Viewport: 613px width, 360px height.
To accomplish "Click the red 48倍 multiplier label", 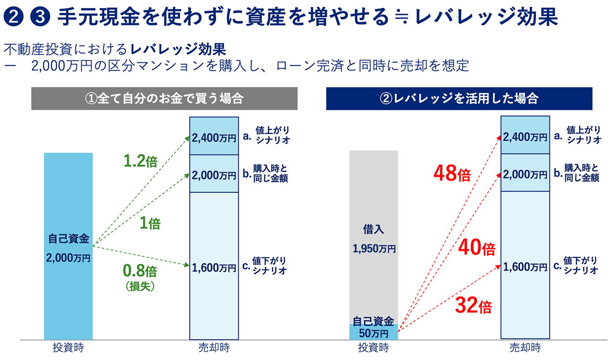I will click(x=452, y=175).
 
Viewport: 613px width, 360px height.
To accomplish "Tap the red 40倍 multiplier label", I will click(x=476, y=249).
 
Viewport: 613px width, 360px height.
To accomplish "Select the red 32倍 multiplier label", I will click(x=473, y=306).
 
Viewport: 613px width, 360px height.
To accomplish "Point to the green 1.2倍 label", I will click(x=140, y=161).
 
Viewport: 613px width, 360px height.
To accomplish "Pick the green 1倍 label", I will click(x=150, y=223).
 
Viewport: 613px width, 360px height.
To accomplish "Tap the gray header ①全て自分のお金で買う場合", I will click(x=164, y=99).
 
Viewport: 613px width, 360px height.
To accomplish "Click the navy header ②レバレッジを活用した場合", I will click(x=459, y=99).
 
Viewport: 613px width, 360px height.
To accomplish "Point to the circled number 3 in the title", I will click(x=36, y=18).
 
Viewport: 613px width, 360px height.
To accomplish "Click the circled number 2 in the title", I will click(x=13, y=18).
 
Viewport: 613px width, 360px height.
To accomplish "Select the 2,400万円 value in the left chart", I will click(x=214, y=138).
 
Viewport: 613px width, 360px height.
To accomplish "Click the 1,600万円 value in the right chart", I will click(x=525, y=267).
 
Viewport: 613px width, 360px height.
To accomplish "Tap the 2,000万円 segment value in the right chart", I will click(x=525, y=175).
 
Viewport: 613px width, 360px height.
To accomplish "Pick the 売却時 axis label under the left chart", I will click(x=214, y=347).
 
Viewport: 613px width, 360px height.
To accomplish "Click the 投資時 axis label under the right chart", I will click(x=373, y=347).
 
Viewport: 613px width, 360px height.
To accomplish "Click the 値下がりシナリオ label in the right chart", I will click(x=580, y=265).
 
